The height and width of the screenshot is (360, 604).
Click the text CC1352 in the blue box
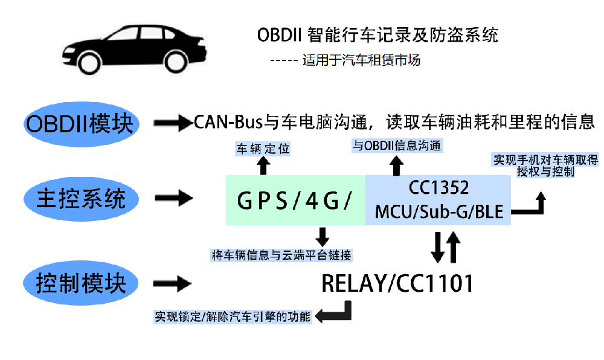click(x=439, y=188)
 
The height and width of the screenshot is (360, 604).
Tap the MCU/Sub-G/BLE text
click(x=439, y=212)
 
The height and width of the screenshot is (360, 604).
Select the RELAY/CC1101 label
click(x=397, y=283)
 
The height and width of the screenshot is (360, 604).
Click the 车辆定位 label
click(x=262, y=148)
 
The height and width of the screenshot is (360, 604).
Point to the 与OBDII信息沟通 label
click(x=397, y=146)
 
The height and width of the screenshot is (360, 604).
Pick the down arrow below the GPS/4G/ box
click(x=322, y=236)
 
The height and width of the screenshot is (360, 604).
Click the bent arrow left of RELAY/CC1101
click(x=334, y=312)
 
